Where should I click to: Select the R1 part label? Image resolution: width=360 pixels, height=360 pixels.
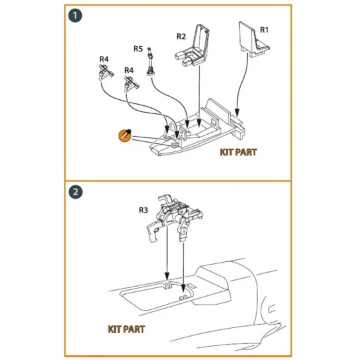tap(263, 30)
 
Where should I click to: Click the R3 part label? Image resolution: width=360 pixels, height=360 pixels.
tap(143, 211)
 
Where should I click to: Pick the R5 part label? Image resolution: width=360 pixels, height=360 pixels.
tap(138, 49)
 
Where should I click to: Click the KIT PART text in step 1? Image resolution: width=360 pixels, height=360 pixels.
tap(238, 152)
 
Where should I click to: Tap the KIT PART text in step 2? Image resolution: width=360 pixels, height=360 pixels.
tap(126, 329)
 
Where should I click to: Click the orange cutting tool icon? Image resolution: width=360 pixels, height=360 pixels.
tap(123, 135)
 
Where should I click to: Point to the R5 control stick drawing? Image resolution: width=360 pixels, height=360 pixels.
tap(152, 61)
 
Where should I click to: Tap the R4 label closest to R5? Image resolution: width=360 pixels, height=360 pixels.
tap(129, 70)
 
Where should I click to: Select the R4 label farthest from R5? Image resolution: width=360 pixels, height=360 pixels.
tap(103, 59)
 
